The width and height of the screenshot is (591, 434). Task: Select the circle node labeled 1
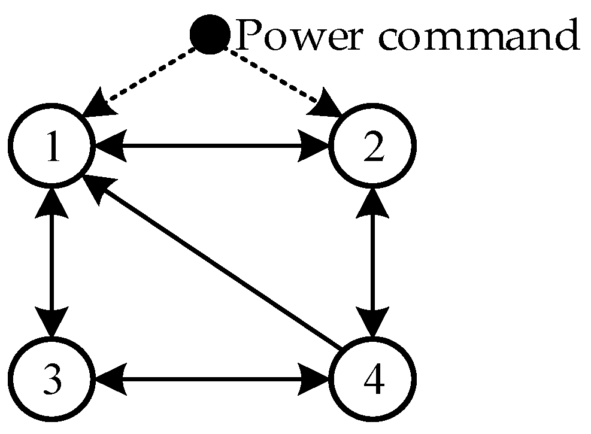coord(52,145)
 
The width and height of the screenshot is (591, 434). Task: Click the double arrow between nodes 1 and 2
coord(213,145)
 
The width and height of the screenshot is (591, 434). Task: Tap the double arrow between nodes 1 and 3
coord(52,262)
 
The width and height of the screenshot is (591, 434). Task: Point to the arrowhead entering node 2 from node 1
coord(315,145)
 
